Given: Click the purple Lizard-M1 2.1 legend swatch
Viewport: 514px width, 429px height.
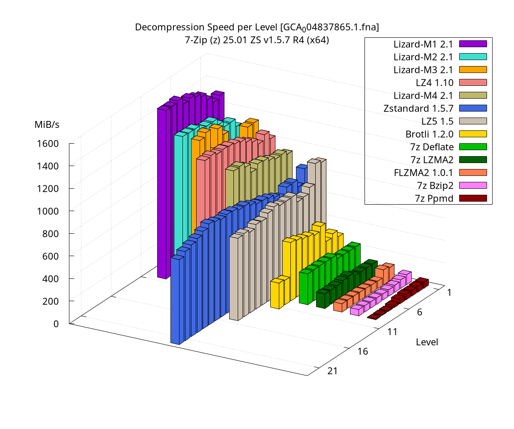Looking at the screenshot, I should tap(473, 44).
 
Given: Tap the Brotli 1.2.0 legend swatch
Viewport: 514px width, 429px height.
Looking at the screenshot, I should tap(473, 134).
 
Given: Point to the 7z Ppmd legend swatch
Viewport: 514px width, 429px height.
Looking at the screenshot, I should tap(473, 198).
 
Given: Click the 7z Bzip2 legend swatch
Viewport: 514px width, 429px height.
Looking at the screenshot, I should tap(473, 185).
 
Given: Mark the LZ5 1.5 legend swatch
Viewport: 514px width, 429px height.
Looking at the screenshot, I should tap(473, 121).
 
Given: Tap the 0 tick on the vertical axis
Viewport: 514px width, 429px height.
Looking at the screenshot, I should tap(56, 323).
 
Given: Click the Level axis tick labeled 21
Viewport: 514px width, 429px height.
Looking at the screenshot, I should tap(332, 371).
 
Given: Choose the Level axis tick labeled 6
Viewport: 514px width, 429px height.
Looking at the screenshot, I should tap(419, 312).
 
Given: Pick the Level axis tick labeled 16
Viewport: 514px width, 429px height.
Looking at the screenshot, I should tap(362, 351).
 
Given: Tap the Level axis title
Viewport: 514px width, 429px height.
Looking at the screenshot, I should tap(427, 342).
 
